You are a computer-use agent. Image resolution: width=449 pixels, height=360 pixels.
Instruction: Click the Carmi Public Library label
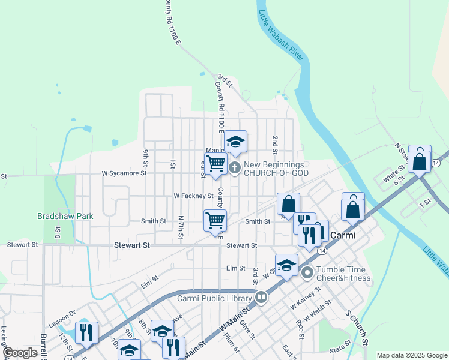[x=215, y=297]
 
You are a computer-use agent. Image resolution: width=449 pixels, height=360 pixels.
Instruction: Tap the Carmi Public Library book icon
[x=261, y=296]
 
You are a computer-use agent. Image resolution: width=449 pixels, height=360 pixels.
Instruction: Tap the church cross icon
[x=234, y=169]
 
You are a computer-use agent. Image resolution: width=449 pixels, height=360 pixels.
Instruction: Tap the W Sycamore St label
[x=124, y=173]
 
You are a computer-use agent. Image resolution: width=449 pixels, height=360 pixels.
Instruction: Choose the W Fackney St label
[x=193, y=196]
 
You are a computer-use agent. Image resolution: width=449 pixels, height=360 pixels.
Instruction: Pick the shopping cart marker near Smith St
[x=215, y=220]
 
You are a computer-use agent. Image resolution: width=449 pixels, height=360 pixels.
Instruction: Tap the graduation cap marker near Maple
[x=236, y=142]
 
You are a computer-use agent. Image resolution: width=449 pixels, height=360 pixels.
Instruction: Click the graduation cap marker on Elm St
[x=287, y=265]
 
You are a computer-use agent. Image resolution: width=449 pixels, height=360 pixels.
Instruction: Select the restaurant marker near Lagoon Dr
[x=87, y=332]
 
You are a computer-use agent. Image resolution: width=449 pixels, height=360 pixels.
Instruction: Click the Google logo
[x=20, y=353]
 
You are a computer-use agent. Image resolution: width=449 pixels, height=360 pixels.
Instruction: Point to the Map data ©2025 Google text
[x=412, y=355]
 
